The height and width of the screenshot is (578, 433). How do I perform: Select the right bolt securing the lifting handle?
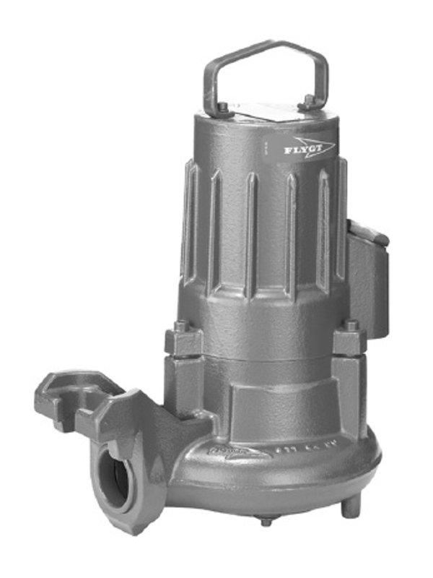point(309,100)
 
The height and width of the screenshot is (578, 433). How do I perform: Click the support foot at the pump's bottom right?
point(351,506)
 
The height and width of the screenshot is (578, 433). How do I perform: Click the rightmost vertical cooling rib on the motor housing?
point(341,217)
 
